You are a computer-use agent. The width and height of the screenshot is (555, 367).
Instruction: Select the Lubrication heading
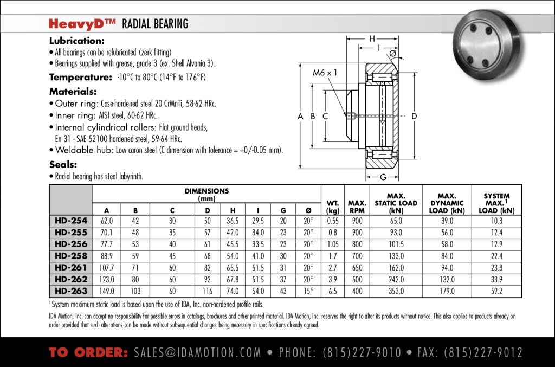76,41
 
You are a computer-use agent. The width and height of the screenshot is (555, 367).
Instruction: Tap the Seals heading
63,164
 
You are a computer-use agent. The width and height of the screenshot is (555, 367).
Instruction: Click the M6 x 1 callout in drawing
325,72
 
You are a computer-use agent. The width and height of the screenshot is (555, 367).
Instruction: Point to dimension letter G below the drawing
383,177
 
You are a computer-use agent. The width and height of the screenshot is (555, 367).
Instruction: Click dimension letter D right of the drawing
414,116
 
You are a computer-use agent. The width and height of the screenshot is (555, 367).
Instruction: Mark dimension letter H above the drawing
372,38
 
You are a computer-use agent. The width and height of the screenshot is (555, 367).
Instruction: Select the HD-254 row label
70,221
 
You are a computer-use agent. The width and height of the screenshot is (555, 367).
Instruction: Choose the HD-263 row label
70,291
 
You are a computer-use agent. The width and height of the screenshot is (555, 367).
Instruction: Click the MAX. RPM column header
357,207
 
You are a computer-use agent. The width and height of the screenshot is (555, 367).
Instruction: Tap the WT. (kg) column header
333,207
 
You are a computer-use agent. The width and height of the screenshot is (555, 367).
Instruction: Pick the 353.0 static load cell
396,291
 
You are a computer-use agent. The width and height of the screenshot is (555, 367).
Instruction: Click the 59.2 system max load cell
496,291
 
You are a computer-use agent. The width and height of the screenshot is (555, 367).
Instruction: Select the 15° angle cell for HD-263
308,291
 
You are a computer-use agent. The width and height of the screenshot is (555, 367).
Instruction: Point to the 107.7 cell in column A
107,268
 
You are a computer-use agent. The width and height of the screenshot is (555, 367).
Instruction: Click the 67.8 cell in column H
233,280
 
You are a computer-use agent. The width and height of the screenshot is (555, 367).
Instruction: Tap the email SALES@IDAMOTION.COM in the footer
197,353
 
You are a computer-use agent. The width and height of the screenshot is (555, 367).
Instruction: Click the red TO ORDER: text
88,353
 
